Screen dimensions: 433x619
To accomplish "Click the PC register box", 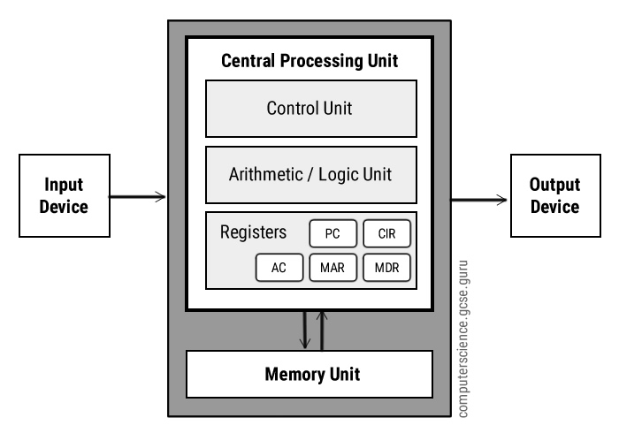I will [332, 234].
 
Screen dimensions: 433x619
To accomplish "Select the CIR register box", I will [387, 234].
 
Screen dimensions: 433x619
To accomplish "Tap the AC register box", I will [279, 268].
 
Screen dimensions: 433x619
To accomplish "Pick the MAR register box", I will [332, 268].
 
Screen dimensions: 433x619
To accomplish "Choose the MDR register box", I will [387, 268].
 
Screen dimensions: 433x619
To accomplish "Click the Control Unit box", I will [310, 109].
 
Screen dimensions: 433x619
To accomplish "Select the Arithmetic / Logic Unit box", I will [310, 174].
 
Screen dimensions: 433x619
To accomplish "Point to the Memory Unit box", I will [310, 374].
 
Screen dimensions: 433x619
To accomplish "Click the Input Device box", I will [65, 196].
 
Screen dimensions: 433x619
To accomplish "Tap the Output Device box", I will [554, 196].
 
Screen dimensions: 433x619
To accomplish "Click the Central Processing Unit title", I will [309, 61].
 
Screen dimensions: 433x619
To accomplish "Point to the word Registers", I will [253, 233].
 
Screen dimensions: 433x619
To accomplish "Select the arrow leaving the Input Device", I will [137, 196].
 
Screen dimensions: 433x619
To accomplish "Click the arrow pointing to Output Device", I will [479, 201].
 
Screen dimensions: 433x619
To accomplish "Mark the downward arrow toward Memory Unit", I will [303, 330].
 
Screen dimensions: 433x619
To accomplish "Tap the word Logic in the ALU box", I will [347, 174].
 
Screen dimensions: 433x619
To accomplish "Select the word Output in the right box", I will [554, 186].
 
